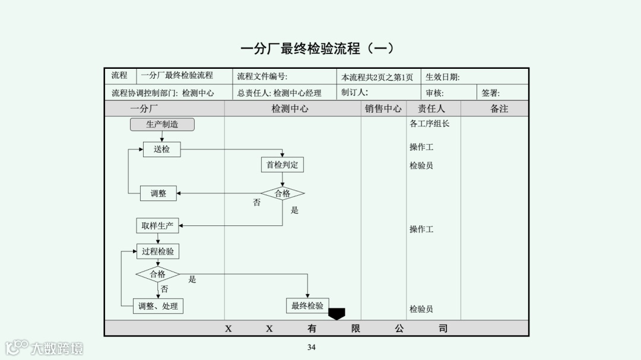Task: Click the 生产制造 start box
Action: click(162, 125)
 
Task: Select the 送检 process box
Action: click(161, 149)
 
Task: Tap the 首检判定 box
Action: click(282, 165)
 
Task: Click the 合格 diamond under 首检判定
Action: click(283, 193)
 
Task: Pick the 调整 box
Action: click(158, 193)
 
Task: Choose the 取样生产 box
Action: click(157, 226)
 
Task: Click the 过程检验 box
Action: click(158, 251)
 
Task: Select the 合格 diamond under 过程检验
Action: click(157, 274)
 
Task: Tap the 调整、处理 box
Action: click(158, 306)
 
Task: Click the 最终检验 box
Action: click(307, 306)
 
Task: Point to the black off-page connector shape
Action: click(337, 313)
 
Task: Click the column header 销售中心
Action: click(383, 109)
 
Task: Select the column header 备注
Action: click(499, 109)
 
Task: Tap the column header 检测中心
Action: click(290, 109)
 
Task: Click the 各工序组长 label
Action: click(430, 124)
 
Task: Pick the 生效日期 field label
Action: click(442, 77)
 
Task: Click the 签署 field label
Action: click(490, 93)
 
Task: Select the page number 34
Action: click(312, 347)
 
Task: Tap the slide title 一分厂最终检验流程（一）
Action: click(317, 49)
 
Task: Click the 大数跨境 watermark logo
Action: click(45, 348)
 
